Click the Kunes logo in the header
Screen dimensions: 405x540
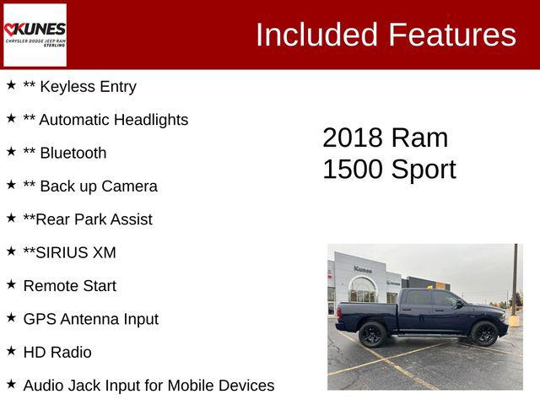coord(35,35)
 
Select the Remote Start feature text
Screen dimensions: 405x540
coord(69,286)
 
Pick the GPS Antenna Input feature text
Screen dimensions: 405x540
coord(90,319)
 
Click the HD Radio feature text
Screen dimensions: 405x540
coord(57,352)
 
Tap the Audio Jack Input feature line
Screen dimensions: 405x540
coord(148,386)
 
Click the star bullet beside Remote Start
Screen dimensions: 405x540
coord(11,285)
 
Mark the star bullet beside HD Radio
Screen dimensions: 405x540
coord(11,351)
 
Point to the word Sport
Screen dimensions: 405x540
coord(423,170)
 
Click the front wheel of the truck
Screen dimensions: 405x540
coord(484,333)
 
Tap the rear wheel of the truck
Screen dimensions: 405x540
coord(372,334)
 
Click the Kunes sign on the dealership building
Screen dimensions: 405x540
coord(363,269)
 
